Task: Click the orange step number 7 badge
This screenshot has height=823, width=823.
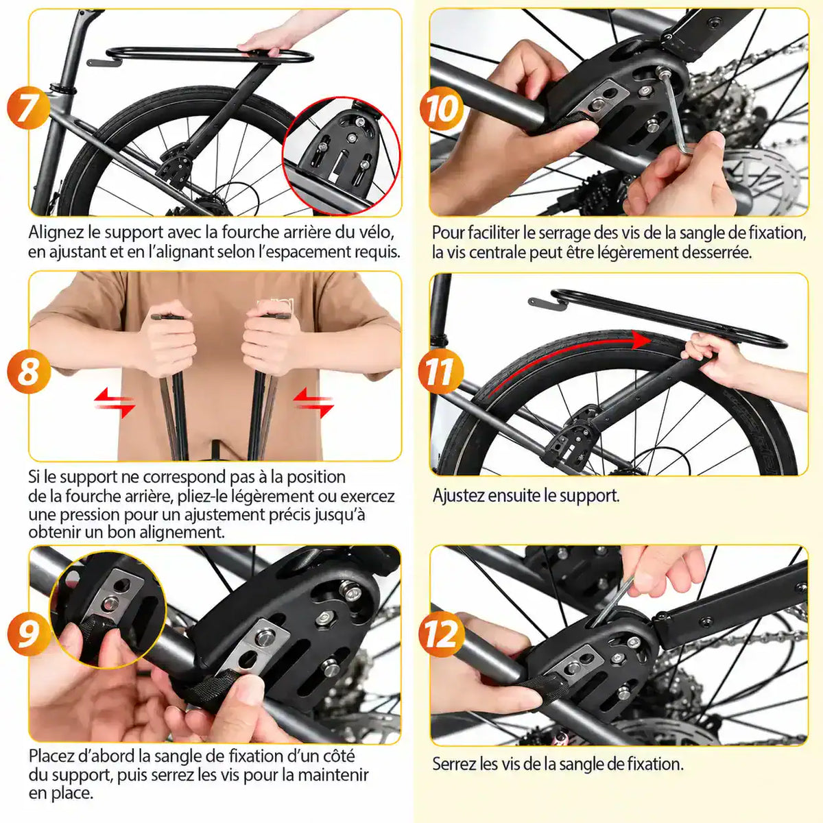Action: (29, 107)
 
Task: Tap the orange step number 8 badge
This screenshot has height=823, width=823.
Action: (29, 371)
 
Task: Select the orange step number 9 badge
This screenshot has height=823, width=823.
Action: (29, 634)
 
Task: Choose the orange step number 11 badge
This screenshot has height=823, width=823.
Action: (441, 372)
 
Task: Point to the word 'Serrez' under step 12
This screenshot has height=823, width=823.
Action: (454, 763)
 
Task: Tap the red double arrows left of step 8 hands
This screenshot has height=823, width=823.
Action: (115, 403)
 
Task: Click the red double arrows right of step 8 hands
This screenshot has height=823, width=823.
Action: (313, 403)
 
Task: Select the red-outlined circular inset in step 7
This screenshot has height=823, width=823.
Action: (342, 156)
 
